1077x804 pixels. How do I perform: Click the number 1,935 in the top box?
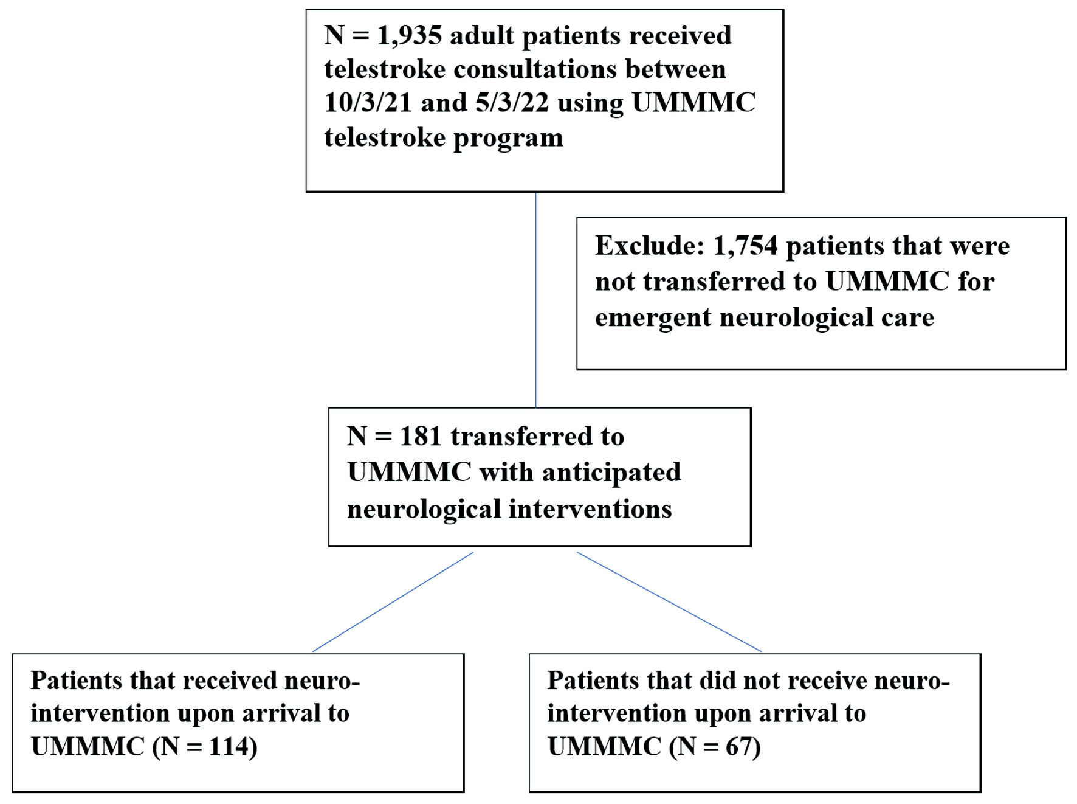410,36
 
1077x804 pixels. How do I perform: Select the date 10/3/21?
368,102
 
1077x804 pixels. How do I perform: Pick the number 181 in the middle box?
420,436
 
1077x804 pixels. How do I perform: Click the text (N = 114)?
205,747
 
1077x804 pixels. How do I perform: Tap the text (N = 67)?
715,747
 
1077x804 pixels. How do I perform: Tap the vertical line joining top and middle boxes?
535,300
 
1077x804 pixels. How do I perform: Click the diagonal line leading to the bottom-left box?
393,602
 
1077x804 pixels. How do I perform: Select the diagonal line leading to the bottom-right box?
669,602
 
